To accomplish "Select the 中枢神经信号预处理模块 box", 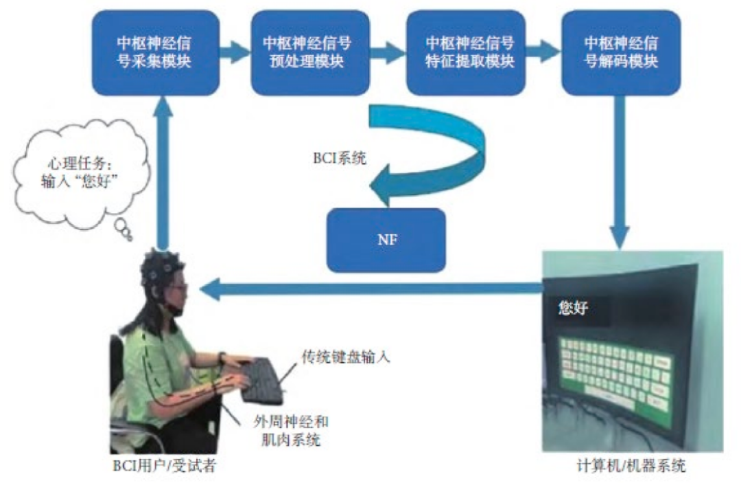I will (x=307, y=52).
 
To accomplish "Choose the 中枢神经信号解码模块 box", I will (x=615, y=52).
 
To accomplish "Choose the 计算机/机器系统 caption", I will (x=631, y=468).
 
